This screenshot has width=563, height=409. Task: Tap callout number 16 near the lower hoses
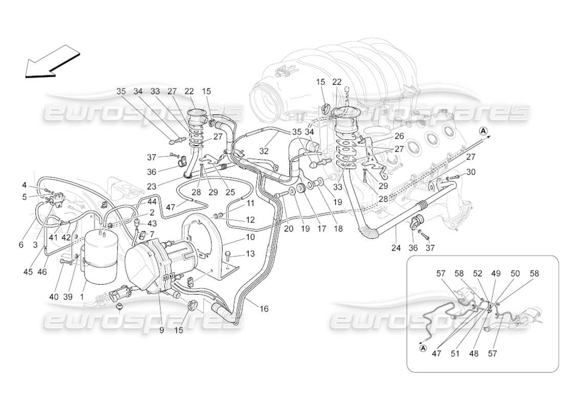(264, 309)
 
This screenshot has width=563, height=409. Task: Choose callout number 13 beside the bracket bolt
(250, 254)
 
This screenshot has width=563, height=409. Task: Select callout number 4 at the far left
(24, 184)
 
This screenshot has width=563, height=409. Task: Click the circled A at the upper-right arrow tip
(483, 131)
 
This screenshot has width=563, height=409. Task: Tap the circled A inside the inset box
(423, 348)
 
